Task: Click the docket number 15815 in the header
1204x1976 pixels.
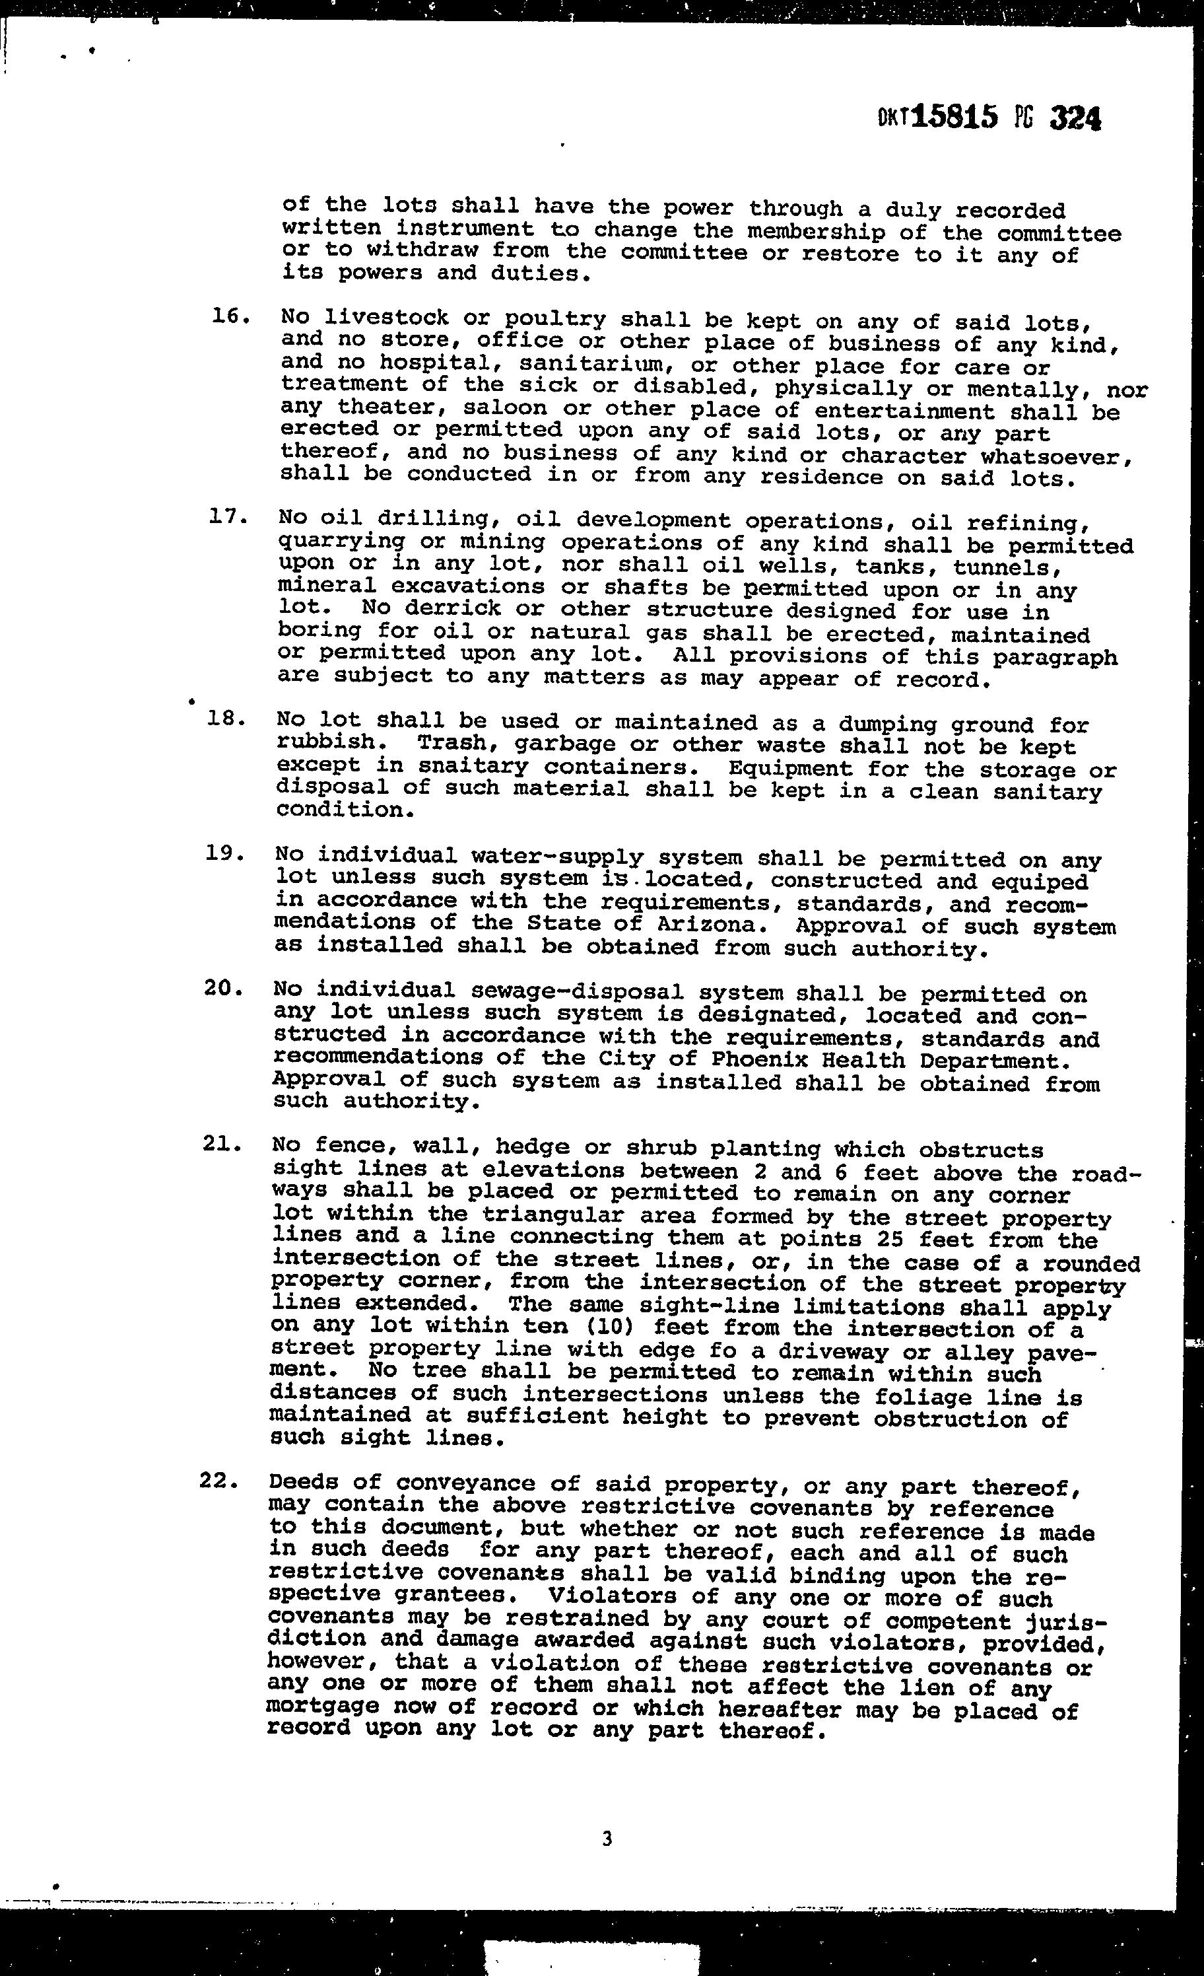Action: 954,118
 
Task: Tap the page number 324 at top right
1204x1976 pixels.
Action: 1075,119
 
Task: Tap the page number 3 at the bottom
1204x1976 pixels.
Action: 606,1838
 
